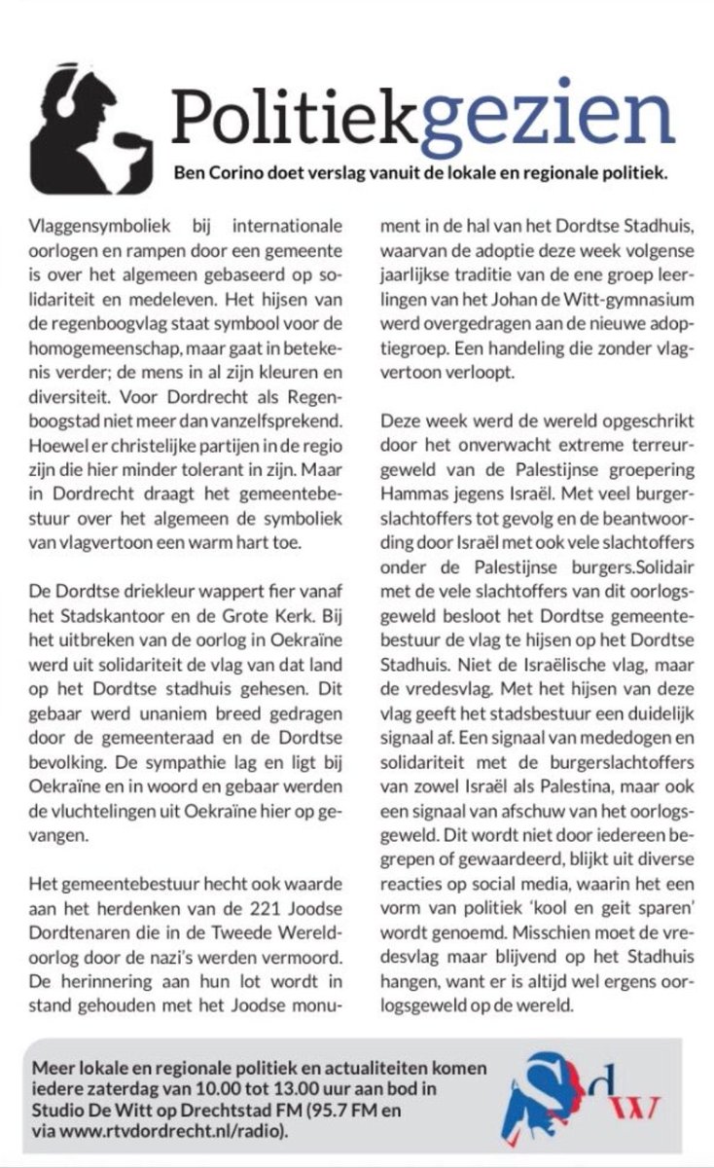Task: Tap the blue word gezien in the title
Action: tap(551, 116)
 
